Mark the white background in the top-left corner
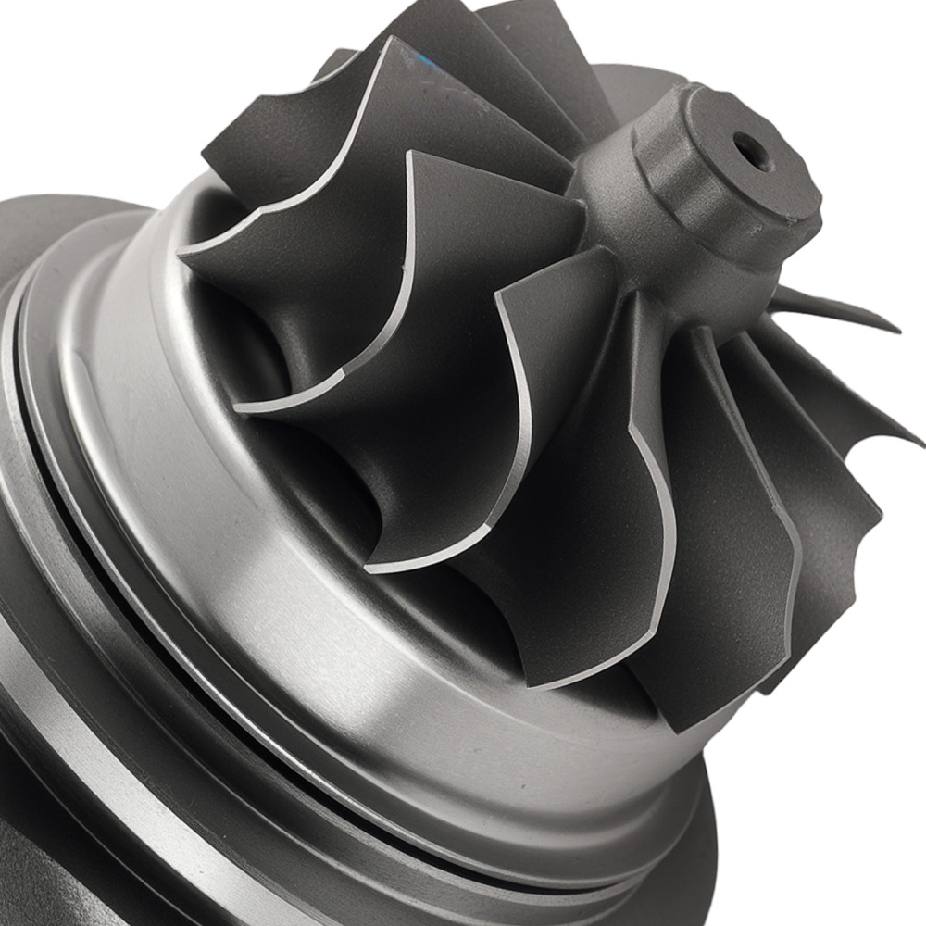(x=74, y=56)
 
